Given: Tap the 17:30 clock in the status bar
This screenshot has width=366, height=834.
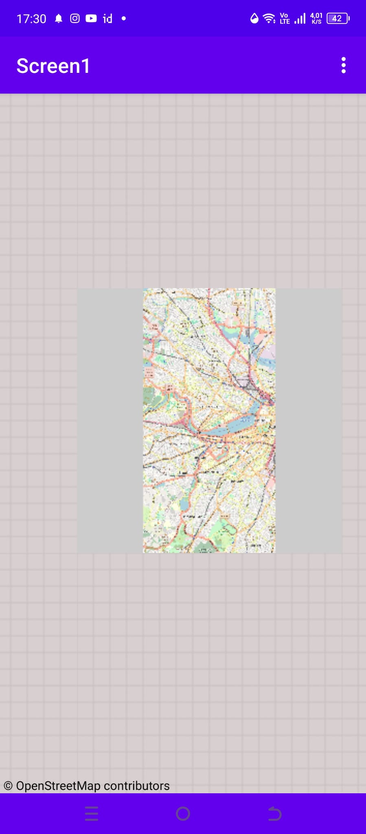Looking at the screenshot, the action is (31, 19).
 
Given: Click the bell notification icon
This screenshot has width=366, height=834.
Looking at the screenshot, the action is (59, 19).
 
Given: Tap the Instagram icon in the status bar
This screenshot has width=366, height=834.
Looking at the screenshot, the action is (75, 18).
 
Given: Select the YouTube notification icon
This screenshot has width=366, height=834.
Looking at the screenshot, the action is (91, 18).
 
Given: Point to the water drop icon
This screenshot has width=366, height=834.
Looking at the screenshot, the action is (254, 18).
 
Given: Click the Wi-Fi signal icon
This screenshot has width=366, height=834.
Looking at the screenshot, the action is (269, 18).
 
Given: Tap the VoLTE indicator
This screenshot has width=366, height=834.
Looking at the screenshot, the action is (285, 18).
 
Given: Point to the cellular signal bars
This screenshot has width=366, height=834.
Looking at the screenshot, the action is (300, 18).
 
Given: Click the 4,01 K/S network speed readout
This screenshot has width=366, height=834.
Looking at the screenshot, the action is (316, 18).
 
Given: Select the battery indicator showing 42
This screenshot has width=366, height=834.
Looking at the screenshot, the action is (338, 18).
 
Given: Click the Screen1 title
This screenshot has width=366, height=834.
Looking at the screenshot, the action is (53, 66).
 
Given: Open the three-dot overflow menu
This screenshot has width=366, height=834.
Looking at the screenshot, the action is (344, 65).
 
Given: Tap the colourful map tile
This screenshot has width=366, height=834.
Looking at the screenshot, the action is (209, 420).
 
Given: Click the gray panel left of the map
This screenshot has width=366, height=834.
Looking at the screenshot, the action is (110, 420).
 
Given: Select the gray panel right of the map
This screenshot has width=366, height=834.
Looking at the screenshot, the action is (309, 420).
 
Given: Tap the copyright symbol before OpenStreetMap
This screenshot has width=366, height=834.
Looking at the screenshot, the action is (8, 786).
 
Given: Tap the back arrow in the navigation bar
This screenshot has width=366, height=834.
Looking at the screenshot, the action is (274, 814).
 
